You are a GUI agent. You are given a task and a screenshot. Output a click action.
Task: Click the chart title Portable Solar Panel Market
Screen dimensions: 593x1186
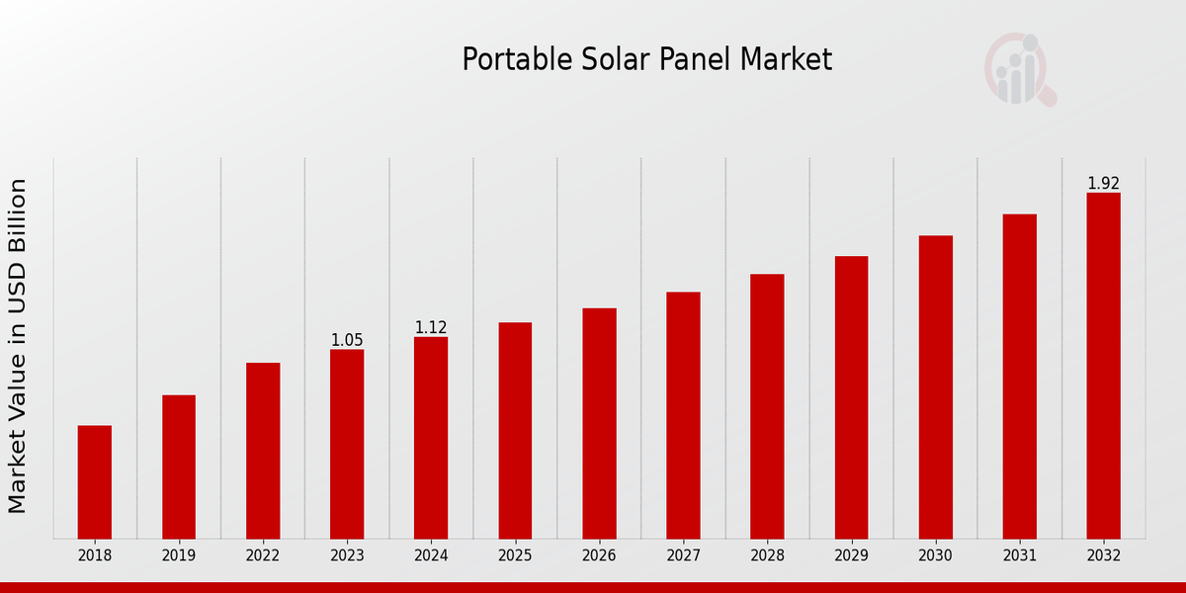(x=646, y=60)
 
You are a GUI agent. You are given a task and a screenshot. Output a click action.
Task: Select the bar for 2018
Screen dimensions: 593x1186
(x=95, y=482)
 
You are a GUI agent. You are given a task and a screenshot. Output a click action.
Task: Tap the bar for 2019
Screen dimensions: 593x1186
(x=179, y=466)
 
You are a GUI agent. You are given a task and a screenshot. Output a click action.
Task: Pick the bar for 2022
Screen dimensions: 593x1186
(x=263, y=451)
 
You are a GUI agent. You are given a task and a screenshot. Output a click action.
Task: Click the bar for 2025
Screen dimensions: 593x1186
(x=515, y=431)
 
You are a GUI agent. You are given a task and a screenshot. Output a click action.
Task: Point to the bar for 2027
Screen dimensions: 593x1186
(x=683, y=415)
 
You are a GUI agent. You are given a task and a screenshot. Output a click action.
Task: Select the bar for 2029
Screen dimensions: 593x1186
(x=851, y=397)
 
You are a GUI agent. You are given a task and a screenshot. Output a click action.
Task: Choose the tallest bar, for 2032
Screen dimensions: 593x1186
(x=1103, y=366)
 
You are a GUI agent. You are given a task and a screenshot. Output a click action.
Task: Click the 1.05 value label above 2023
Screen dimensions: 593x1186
(x=347, y=340)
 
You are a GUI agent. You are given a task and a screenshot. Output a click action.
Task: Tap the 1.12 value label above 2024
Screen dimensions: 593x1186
(x=431, y=327)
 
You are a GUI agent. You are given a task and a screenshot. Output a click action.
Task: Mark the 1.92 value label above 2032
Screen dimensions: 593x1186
(x=1103, y=183)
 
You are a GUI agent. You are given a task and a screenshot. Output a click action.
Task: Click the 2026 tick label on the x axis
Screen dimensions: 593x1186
(x=599, y=556)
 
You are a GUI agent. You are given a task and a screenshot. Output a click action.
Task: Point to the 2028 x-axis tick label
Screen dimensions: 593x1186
(x=767, y=556)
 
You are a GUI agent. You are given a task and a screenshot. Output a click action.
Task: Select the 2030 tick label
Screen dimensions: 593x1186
(x=935, y=556)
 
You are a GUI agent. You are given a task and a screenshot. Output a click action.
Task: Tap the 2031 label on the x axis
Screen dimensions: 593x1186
(x=1019, y=556)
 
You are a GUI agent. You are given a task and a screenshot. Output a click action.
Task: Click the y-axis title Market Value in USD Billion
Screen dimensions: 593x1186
(x=18, y=346)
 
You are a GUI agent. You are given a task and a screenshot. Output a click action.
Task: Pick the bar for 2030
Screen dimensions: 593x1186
(x=935, y=387)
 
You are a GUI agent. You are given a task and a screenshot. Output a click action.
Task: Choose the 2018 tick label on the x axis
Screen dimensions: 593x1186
(x=95, y=556)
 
